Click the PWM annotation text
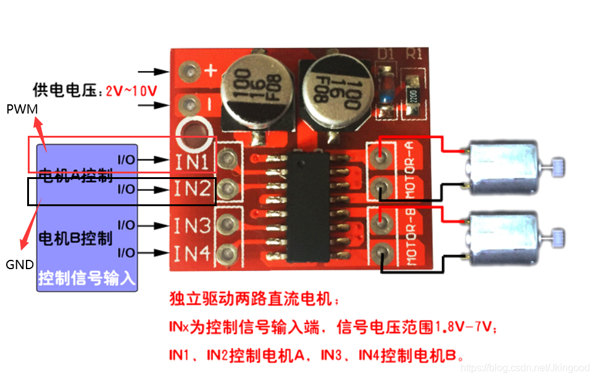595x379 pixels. click(x=22, y=109)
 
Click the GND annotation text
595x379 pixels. click(x=19, y=264)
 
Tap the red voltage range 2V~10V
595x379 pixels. click(x=131, y=91)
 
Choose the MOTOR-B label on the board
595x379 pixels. click(x=412, y=237)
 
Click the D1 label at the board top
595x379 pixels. click(x=386, y=54)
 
